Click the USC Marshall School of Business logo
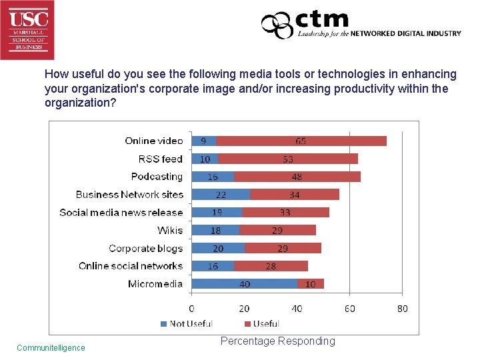coord(27,29)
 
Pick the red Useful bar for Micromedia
coord(311,284)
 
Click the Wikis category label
coord(170,230)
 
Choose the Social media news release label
coord(121,213)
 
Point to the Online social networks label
coord(131,266)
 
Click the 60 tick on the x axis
coord(349,309)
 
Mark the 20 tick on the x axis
coord(244,309)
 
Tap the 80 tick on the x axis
coord(402,309)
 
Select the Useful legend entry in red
coord(261,324)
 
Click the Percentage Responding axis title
coord(277,341)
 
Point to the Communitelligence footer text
coord(51,347)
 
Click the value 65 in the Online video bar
coord(301,141)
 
